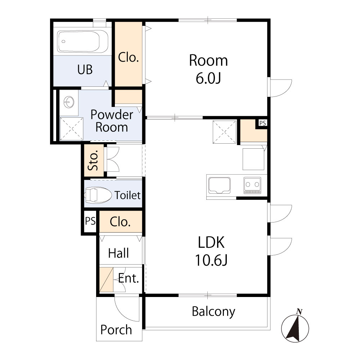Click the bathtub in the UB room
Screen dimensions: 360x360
click(83, 41)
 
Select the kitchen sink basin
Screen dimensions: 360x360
click(219, 185)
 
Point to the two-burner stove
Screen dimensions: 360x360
click(252, 185)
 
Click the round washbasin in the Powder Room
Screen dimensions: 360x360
click(69, 102)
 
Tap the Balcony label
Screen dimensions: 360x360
click(213, 312)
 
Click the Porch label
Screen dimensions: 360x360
click(116, 330)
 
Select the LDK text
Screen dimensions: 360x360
click(211, 242)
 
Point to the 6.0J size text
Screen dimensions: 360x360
click(208, 78)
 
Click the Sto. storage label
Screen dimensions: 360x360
click(94, 160)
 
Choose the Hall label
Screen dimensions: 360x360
click(118, 253)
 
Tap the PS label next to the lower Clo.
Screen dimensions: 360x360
click(90, 221)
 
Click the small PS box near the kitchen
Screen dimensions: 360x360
click(263, 123)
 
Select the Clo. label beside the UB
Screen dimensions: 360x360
click(129, 57)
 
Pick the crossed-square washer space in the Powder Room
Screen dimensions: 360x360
click(72, 129)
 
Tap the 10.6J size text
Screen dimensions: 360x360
click(211, 260)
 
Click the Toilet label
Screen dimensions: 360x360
click(127, 195)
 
